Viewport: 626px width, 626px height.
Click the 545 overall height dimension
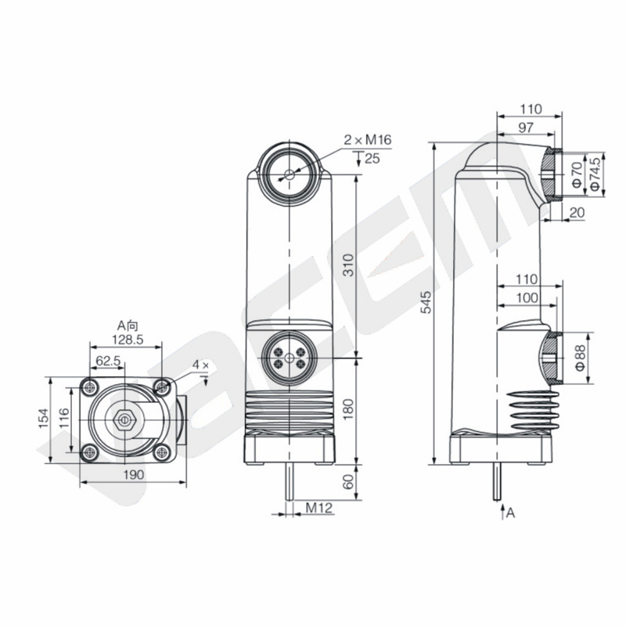[426, 302]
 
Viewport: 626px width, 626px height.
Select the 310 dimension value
[348, 264]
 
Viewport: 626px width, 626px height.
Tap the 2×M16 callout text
[368, 140]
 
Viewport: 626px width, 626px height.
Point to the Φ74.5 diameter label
[595, 174]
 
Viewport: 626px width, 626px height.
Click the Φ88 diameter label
[581, 358]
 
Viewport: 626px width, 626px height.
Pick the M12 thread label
[319, 508]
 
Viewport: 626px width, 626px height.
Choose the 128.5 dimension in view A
[128, 340]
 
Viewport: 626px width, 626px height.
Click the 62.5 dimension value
[108, 361]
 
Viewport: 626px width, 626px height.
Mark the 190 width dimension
[133, 475]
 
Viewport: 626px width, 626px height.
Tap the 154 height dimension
[43, 419]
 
